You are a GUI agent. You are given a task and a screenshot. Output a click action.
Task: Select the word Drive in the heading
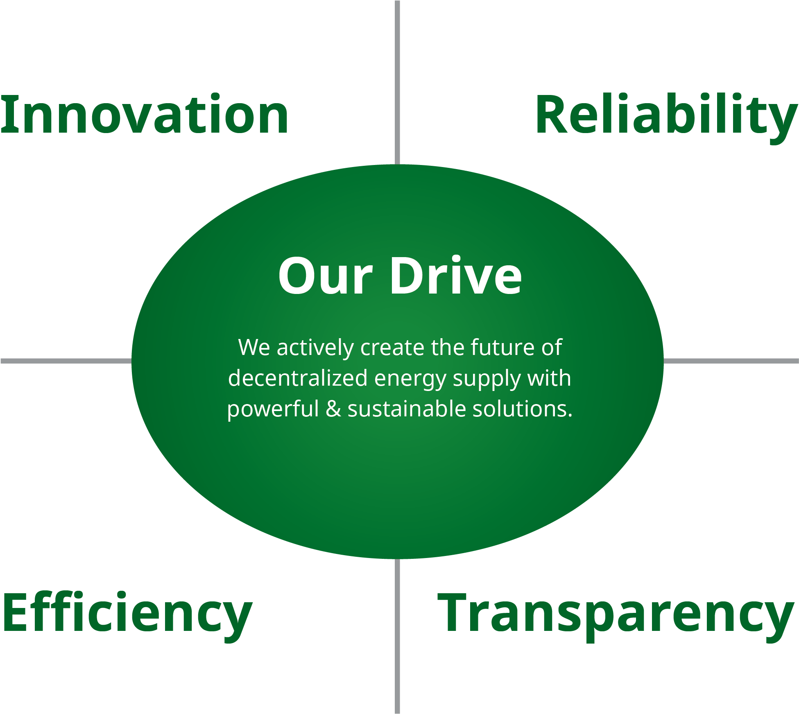[456, 274]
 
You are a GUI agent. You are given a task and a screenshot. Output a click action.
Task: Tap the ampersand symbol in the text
[333, 409]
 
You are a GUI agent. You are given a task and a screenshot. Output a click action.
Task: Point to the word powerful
[273, 409]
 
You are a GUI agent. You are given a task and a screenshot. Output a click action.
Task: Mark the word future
[502, 348]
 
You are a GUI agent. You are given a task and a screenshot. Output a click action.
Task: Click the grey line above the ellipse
[397, 82]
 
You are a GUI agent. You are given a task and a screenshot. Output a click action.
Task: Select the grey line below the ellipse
[397, 636]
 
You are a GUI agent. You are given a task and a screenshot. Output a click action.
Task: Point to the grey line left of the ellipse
[66, 361]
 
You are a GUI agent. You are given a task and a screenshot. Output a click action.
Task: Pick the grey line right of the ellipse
[731, 361]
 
